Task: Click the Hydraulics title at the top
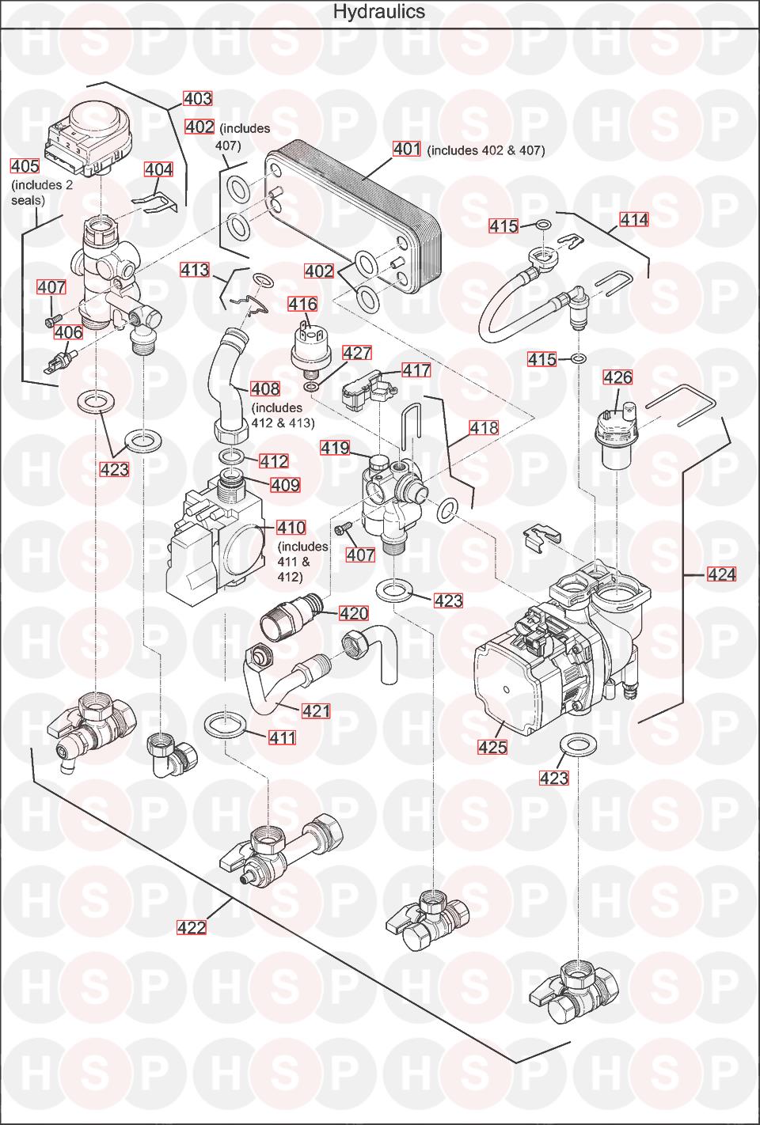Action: pyautogui.click(x=379, y=12)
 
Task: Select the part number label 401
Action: pyautogui.click(x=407, y=149)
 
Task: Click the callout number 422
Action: pyautogui.click(x=192, y=927)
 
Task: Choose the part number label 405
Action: pyautogui.click(x=25, y=166)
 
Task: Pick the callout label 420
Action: pyautogui.click(x=354, y=613)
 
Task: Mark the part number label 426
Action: pyautogui.click(x=618, y=377)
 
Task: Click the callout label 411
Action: pyautogui.click(x=282, y=738)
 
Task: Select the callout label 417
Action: pyautogui.click(x=416, y=370)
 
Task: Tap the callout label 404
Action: pyautogui.click(x=158, y=169)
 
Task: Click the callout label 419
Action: pyautogui.click(x=335, y=448)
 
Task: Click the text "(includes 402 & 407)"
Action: pyautogui.click(x=486, y=150)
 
